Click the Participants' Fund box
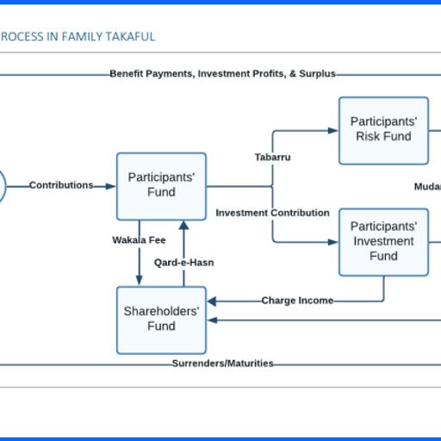coord(161,185)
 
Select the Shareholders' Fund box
coord(161,320)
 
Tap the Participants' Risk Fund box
coord(383,130)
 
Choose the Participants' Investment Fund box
coord(383,241)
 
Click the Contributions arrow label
coord(61,185)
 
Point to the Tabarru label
coord(272,158)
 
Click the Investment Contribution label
coord(272,213)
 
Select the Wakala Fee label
coord(139,240)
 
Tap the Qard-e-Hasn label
coord(183,263)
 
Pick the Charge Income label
coord(297,301)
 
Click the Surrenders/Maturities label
coord(222,363)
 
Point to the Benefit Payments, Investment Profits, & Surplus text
coord(222,74)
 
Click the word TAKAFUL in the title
coord(130,37)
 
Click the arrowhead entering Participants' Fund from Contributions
coord(111,186)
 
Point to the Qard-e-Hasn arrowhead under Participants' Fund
coord(183,226)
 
